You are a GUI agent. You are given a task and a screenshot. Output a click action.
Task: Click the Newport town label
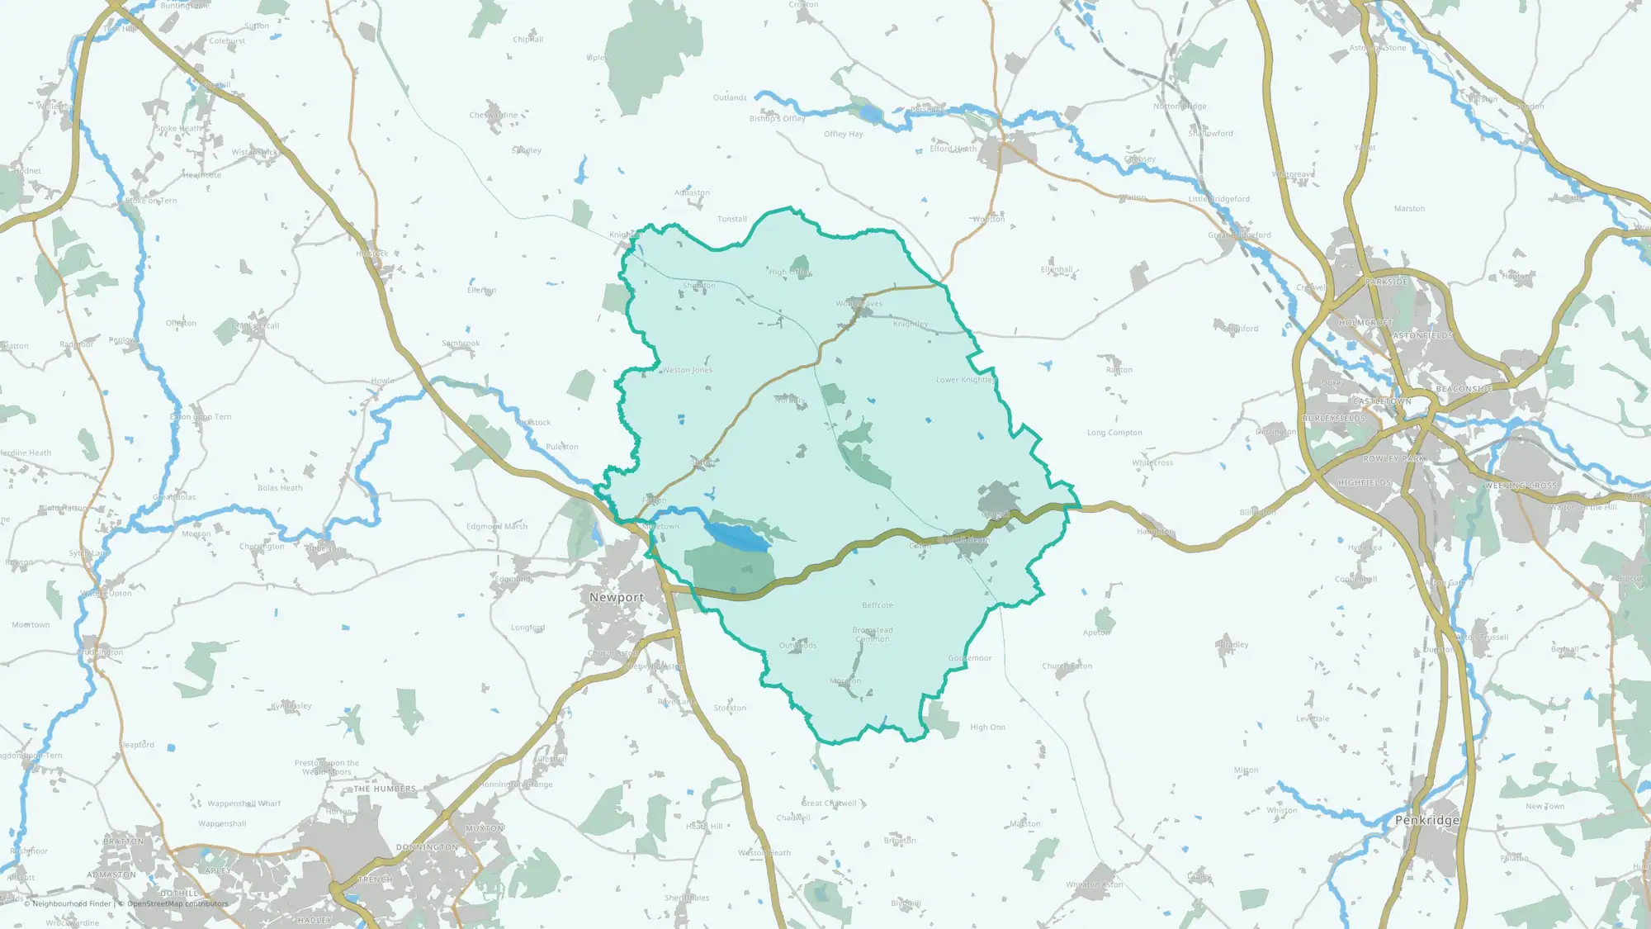click(616, 597)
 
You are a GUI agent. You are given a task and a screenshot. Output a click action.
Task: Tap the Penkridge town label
click(1426, 820)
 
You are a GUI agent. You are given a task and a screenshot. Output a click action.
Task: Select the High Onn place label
click(987, 728)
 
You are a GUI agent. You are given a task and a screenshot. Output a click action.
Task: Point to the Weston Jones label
click(687, 370)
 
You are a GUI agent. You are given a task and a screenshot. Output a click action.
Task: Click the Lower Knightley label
click(965, 380)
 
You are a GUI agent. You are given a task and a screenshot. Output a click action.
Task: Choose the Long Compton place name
click(1114, 433)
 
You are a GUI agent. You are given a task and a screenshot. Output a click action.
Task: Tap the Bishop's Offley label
click(777, 119)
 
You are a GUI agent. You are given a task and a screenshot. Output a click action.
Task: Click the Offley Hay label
click(843, 134)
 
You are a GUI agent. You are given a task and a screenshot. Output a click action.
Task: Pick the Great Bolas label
click(174, 497)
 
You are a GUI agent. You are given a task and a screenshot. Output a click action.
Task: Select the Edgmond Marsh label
click(497, 527)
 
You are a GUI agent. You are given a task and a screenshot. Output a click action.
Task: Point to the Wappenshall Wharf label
click(244, 803)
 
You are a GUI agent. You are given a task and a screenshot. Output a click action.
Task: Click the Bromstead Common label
click(873, 634)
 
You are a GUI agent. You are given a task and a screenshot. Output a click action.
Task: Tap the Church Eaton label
click(1067, 666)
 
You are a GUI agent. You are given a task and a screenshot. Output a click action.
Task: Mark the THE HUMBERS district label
click(385, 789)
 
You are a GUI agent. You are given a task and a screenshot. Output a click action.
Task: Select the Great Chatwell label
click(829, 803)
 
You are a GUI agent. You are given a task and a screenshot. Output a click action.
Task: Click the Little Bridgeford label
click(1218, 199)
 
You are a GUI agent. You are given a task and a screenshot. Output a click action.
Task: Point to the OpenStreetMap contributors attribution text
click(177, 903)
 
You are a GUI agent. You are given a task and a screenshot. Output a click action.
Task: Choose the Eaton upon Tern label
click(201, 417)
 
